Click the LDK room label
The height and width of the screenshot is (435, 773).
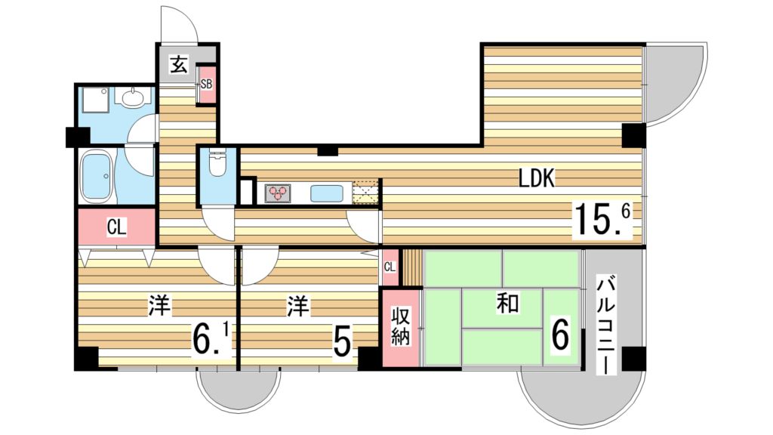[537, 178]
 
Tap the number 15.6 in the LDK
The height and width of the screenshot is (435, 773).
[602, 221]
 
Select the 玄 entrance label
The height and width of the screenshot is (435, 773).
[179, 64]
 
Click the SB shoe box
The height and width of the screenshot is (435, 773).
[206, 85]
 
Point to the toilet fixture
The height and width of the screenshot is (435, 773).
[217, 164]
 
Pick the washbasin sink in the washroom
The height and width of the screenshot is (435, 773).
[131, 97]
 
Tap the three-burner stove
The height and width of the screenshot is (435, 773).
[278, 193]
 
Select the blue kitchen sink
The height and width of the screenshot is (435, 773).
[326, 193]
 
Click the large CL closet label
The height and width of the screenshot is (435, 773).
[117, 227]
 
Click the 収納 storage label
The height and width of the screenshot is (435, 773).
[400, 326]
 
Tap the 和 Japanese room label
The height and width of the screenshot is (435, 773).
[507, 302]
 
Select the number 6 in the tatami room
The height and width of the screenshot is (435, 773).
[560, 335]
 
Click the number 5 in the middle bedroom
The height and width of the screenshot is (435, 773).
[342, 342]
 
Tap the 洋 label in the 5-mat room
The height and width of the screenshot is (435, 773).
[298, 307]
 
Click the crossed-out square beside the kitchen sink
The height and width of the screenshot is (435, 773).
[365, 193]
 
